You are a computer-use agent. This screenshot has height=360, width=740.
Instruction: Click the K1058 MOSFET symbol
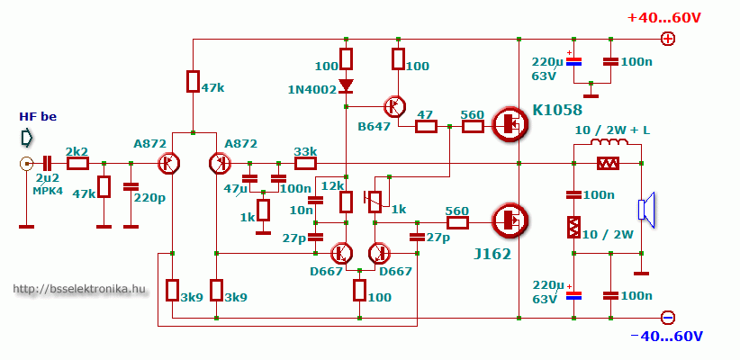[510, 124]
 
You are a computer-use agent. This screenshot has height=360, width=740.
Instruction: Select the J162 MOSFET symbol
[510, 220]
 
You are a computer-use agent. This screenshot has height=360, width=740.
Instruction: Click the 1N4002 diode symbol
[347, 85]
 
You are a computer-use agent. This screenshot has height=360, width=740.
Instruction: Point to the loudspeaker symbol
[646, 210]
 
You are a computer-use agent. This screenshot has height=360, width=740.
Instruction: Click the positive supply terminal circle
[668, 39]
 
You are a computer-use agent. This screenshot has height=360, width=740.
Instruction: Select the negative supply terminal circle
[668, 318]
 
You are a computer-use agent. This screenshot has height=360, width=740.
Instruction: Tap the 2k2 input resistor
[77, 164]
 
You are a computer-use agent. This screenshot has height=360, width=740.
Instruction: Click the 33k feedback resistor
[306, 164]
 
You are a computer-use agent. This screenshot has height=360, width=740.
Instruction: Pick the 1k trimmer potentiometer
[376, 201]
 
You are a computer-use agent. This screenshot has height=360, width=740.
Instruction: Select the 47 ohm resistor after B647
[426, 126]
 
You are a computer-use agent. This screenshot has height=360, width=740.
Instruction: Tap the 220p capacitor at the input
[131, 187]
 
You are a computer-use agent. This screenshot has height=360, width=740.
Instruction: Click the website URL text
[79, 289]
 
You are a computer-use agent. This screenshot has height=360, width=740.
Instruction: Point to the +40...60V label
[664, 18]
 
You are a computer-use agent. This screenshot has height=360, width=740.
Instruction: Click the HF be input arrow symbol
[27, 138]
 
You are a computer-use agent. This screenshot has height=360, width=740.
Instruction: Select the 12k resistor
[347, 202]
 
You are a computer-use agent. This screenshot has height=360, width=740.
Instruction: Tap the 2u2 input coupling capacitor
[47, 164]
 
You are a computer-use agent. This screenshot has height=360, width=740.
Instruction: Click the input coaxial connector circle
[26, 164]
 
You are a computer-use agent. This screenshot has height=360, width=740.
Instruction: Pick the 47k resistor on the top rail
[193, 81]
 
